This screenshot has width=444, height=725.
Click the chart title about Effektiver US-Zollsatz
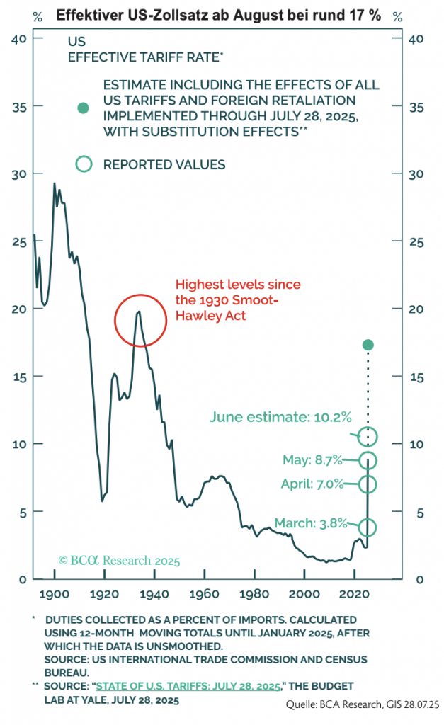222,14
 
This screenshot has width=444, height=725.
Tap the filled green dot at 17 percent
368,345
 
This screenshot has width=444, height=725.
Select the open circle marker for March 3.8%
368,527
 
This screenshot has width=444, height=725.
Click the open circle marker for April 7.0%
368,484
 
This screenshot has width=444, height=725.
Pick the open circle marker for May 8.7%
368,460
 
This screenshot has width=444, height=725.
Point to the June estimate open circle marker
368,436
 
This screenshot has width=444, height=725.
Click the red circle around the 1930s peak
140,320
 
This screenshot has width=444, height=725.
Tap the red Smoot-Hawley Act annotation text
227,300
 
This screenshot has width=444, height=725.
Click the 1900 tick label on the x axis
55,594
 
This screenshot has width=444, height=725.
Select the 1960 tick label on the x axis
205,594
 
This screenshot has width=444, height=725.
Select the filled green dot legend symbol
84,108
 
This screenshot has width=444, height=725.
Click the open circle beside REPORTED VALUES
84,164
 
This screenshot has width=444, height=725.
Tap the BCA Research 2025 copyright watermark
119,560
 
